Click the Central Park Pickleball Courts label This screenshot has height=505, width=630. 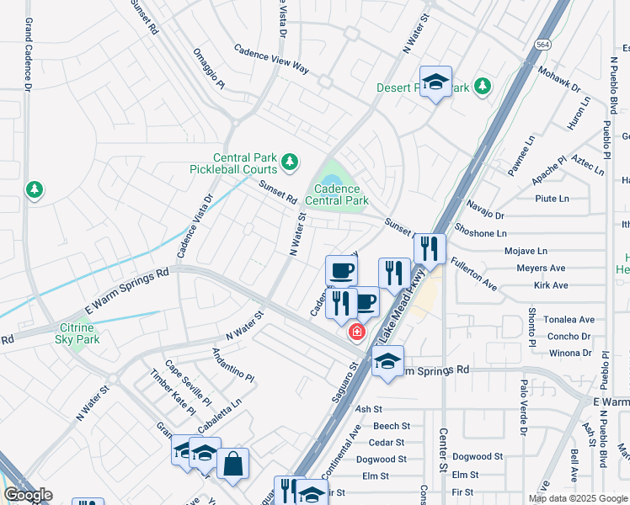tap(232, 163)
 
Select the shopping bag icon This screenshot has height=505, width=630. tap(232, 463)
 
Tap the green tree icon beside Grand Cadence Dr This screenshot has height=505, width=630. tap(34, 190)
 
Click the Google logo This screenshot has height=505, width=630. tap(28, 495)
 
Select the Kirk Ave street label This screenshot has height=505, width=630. tap(551, 285)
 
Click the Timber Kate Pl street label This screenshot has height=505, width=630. tap(173, 392)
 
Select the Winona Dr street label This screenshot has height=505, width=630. tap(570, 353)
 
